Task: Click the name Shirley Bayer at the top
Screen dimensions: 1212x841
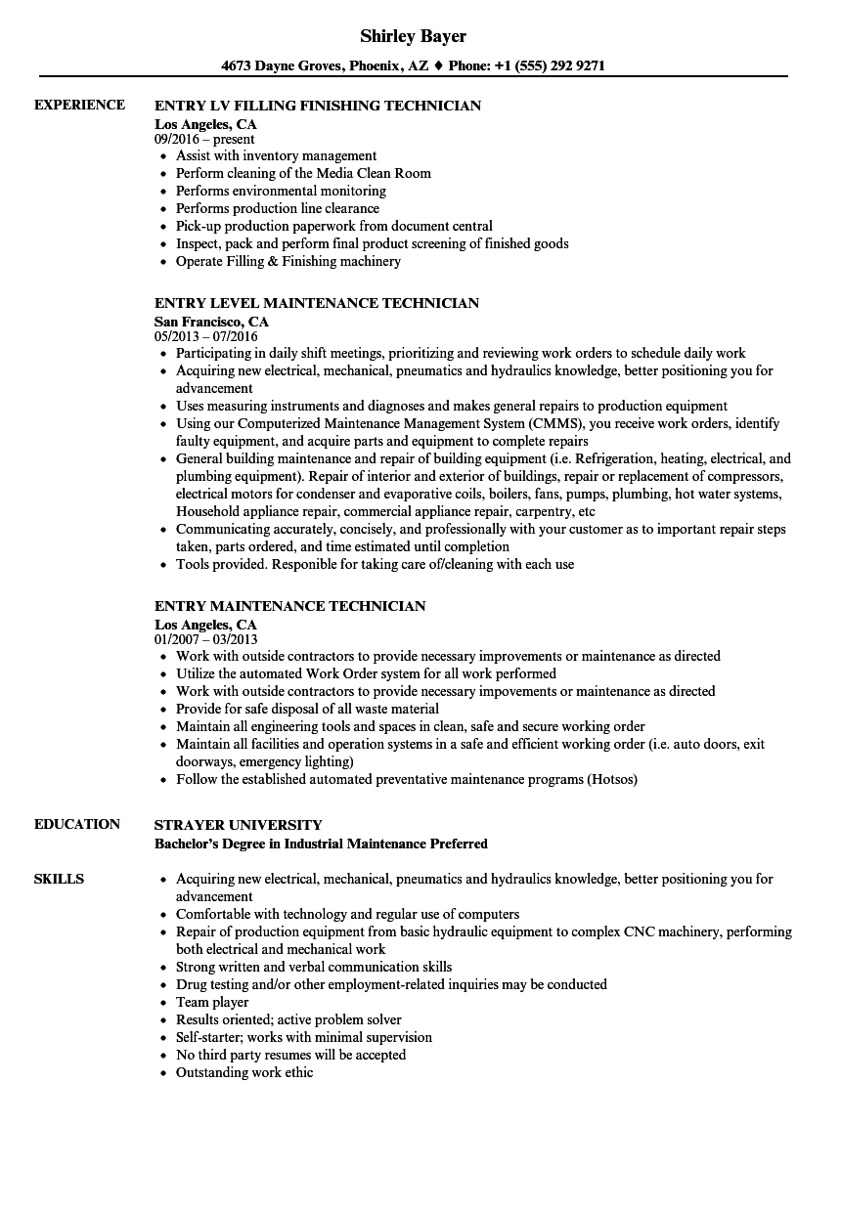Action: [413, 36]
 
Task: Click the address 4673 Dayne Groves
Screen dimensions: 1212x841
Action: [277, 66]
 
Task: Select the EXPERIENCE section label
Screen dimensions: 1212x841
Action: [79, 105]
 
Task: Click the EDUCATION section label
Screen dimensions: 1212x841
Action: [77, 824]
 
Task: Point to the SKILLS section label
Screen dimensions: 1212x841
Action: [59, 879]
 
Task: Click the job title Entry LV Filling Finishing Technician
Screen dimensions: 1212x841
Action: [318, 105]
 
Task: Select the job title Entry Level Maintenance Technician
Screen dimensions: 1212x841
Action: [316, 303]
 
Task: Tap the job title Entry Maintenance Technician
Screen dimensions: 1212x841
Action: [289, 606]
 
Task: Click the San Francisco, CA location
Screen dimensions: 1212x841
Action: [211, 321]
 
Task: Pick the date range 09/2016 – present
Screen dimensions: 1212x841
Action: [204, 140]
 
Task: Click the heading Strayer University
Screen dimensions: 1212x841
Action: [238, 824]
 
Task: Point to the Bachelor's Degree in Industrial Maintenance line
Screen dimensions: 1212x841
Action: [321, 844]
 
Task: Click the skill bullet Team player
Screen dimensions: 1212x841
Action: [212, 1002]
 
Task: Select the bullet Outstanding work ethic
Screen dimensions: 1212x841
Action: [244, 1072]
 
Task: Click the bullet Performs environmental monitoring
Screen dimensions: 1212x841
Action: [281, 191]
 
